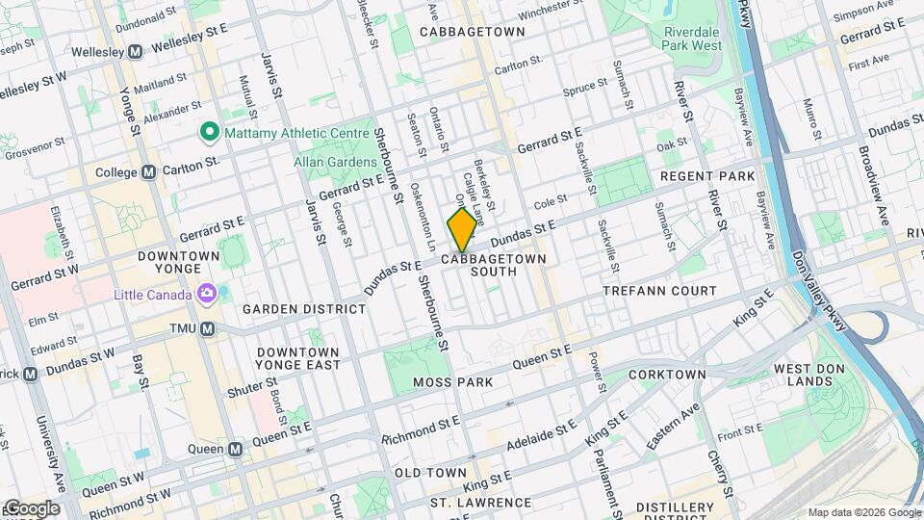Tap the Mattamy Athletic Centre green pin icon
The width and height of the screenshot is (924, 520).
(207, 132)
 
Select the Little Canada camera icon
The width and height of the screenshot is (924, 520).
(206, 293)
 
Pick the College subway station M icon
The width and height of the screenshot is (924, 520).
(148, 172)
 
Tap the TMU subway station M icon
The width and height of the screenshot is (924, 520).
(207, 328)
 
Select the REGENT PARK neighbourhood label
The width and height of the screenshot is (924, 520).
(707, 177)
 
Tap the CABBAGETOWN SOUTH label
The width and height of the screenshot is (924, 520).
(494, 265)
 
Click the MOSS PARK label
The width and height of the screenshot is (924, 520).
(452, 382)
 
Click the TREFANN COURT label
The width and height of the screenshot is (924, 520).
(659, 290)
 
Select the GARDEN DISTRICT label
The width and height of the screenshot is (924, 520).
(304, 309)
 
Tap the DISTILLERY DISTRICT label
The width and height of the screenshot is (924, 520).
(687, 507)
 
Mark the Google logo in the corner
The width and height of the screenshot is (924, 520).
(31, 508)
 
